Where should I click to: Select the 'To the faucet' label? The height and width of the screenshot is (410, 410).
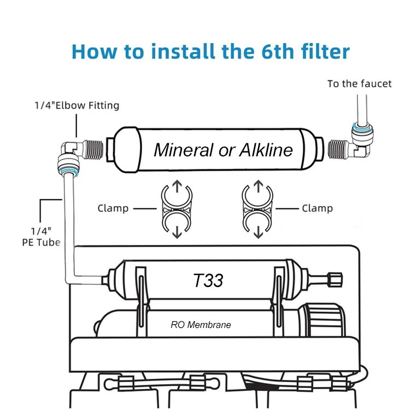(x=359, y=84)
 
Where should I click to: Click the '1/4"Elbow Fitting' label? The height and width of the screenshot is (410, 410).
(x=76, y=105)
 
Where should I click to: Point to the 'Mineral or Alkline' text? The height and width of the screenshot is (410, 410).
(x=223, y=149)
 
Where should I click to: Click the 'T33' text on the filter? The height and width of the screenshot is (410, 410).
(x=208, y=280)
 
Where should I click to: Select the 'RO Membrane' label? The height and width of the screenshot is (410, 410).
(x=201, y=325)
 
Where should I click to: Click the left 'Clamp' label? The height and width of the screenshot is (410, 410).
(x=113, y=208)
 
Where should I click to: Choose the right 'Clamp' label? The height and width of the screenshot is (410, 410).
(x=317, y=208)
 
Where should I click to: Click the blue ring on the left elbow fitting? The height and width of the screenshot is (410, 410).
(x=69, y=173)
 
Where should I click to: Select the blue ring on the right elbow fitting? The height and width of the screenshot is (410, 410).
(x=360, y=129)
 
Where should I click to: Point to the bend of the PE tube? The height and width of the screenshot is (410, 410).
(x=72, y=279)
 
